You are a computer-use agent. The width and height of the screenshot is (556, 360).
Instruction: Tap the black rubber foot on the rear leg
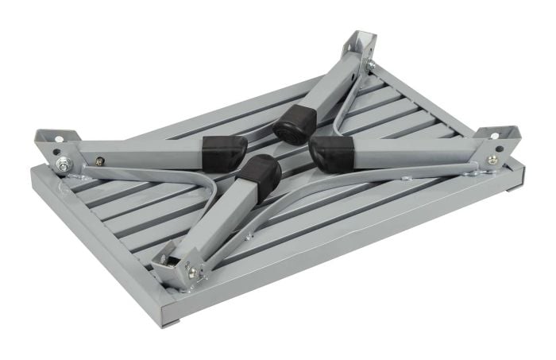pyautogui.click(x=294, y=122)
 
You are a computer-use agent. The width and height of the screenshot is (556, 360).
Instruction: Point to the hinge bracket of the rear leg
pyautogui.click(x=358, y=51)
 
